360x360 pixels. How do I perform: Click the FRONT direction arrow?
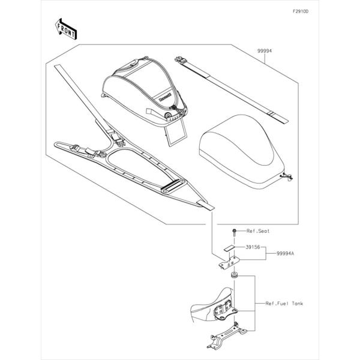click(65, 29)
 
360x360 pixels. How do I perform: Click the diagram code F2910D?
click(301, 11)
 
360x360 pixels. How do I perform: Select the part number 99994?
click(264, 51)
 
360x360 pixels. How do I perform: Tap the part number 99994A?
click(285, 253)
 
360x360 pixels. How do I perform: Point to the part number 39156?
click(253, 247)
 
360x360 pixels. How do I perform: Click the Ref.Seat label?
click(258, 231)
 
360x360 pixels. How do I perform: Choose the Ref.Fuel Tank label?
click(284, 304)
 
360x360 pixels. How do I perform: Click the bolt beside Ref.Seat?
click(234, 233)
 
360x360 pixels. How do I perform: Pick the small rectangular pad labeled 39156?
click(229, 248)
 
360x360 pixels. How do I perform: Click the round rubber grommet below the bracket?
click(235, 275)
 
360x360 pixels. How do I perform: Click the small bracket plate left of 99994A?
click(229, 262)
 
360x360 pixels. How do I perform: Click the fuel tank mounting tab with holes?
click(224, 310)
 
